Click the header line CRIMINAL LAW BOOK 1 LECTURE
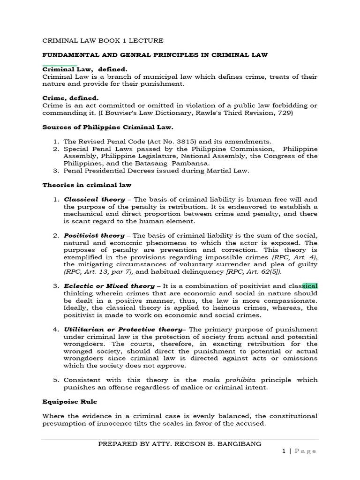[x=103, y=41]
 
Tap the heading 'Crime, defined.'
[x=70, y=98]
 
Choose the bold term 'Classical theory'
[x=94, y=199]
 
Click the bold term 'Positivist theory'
[x=94, y=235]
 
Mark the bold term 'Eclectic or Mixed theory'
[x=109, y=286]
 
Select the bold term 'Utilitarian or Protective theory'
[x=122, y=330]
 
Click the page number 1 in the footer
[x=284, y=451]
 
